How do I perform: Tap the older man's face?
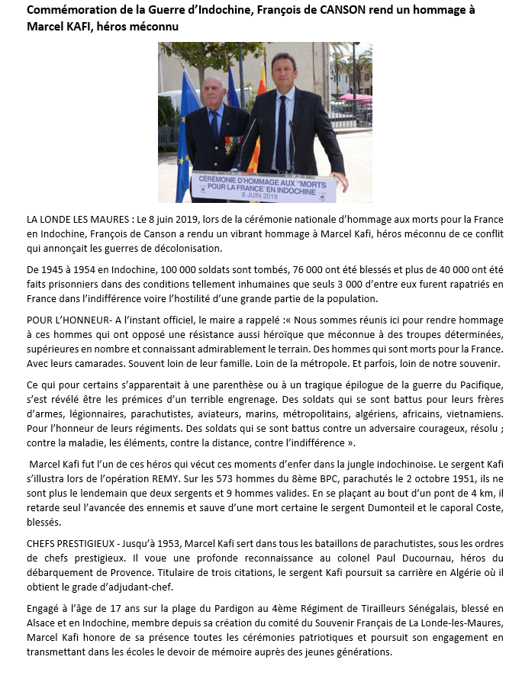214,93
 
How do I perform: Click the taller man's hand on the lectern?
342,183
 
